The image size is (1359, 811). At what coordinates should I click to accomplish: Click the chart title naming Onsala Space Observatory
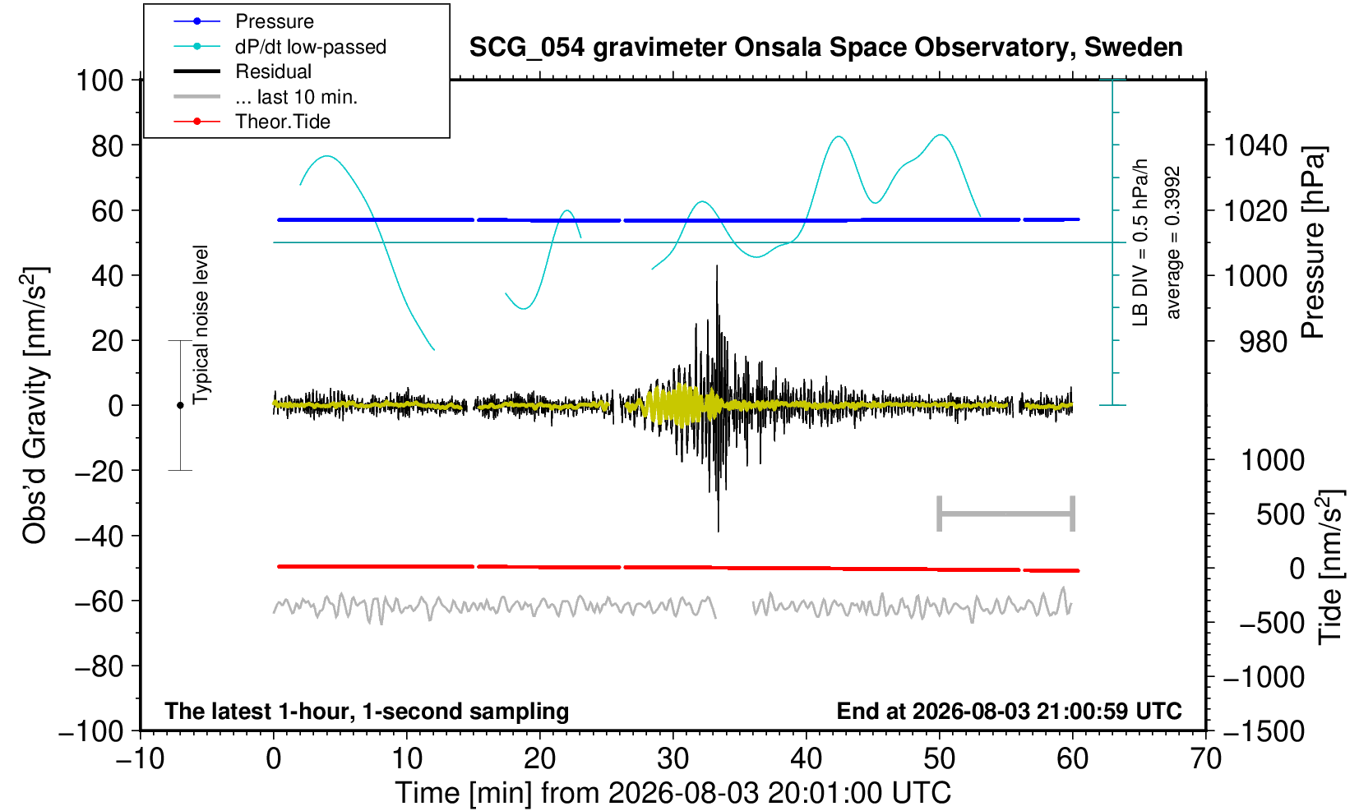[x=825, y=48]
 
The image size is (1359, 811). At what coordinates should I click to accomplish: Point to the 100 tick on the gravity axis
[x=99, y=81]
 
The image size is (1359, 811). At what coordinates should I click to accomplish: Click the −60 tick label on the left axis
[x=99, y=601]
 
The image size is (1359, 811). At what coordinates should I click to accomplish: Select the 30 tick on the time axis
[x=673, y=759]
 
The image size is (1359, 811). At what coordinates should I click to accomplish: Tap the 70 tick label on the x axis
[x=1205, y=759]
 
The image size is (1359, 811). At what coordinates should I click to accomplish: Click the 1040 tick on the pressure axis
[x=1255, y=145]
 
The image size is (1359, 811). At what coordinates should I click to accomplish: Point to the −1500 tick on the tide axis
[x=1264, y=731]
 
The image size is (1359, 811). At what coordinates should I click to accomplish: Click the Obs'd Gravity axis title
[x=35, y=405]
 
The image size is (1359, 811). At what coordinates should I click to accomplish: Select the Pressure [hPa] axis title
[x=1314, y=242]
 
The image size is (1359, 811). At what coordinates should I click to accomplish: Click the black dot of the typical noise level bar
[x=180, y=405]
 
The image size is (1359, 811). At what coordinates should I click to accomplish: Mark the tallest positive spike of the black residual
[x=717, y=265]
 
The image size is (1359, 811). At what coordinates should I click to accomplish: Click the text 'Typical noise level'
[x=201, y=325]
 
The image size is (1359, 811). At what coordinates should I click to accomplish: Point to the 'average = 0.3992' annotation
[x=1172, y=242]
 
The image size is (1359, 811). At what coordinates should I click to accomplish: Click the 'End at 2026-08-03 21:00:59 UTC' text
[x=1009, y=711]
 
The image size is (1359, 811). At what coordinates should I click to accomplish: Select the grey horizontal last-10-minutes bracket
[x=1006, y=514]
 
